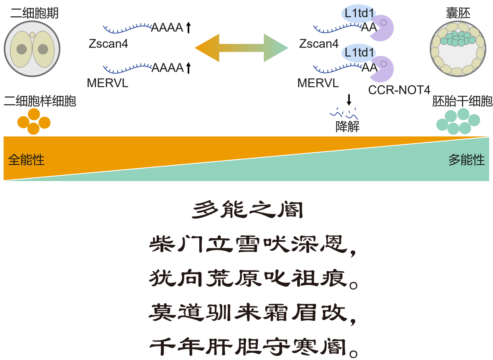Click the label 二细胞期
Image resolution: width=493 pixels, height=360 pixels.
click(35, 13)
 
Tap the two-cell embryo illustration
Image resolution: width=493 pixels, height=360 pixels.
click(32, 49)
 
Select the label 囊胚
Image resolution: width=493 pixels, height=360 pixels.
click(458, 13)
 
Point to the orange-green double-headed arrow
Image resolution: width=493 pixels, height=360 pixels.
click(241, 48)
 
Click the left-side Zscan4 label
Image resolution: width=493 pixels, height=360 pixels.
click(108, 44)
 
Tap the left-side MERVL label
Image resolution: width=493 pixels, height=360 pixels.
click(108, 83)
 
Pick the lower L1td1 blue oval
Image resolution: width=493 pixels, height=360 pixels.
click(358, 52)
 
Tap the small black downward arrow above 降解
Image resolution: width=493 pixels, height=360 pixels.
click(349, 100)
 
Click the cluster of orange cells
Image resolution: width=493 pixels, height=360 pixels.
click(34, 121)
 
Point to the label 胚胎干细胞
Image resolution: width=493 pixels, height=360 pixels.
click(462, 102)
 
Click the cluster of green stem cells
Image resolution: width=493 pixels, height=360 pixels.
click(458, 121)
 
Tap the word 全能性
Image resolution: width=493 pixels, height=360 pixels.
click(26, 160)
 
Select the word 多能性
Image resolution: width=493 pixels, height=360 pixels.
click(467, 160)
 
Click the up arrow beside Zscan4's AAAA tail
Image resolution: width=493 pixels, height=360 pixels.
click(188, 27)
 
